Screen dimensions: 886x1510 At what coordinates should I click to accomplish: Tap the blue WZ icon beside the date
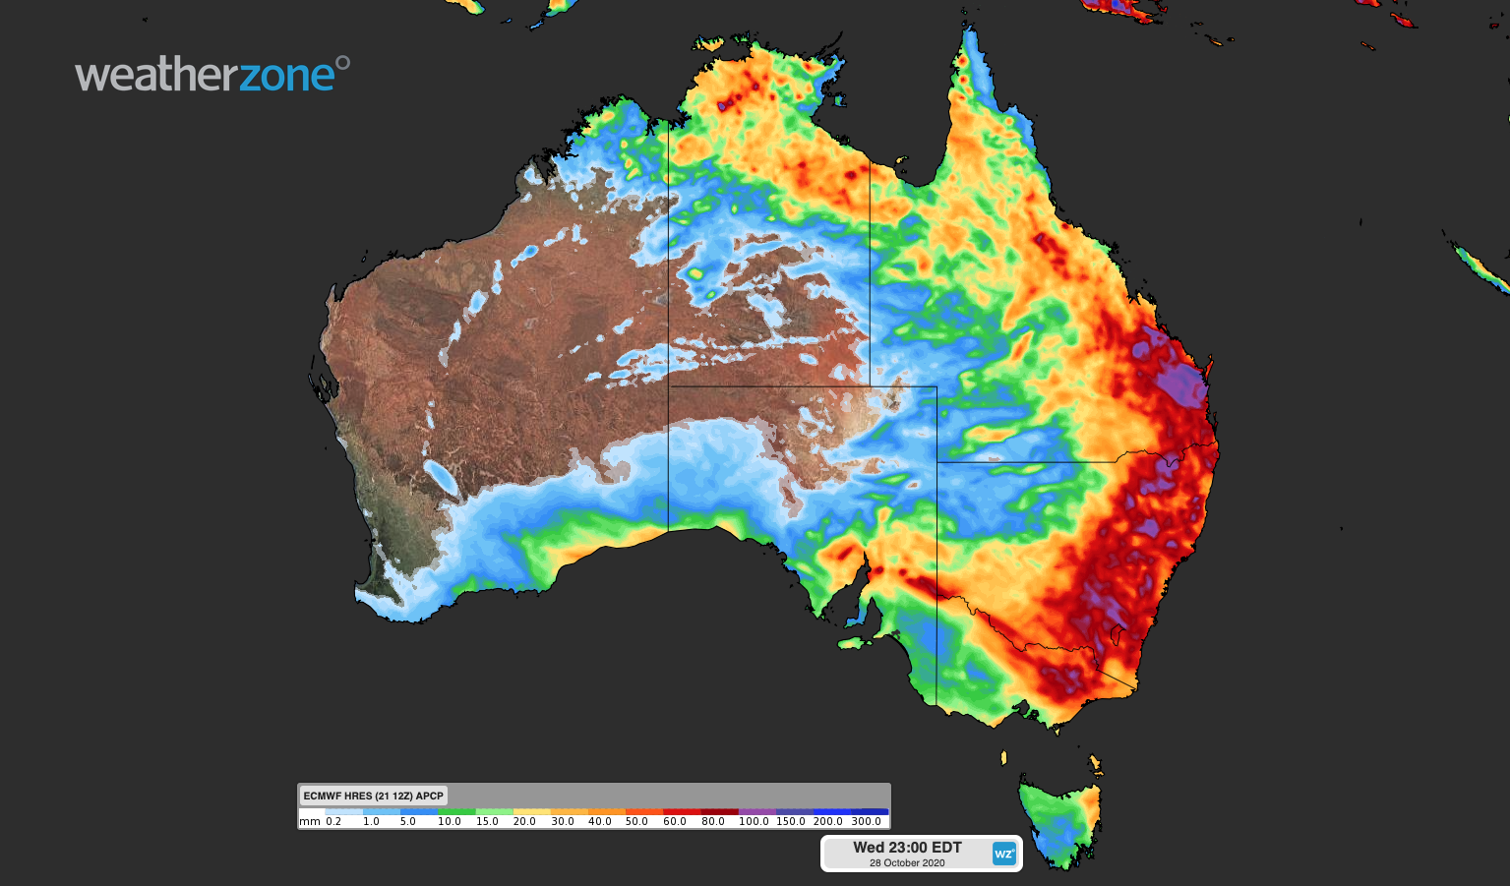pyautogui.click(x=1003, y=854)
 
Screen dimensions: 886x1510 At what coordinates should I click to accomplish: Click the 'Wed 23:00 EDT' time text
pyautogui.click(x=907, y=847)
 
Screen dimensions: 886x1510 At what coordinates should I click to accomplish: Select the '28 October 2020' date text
pyautogui.click(x=907, y=863)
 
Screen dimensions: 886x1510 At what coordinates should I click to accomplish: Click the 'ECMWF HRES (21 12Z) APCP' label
pyautogui.click(x=373, y=796)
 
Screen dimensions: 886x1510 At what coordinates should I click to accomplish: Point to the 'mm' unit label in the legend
pyautogui.click(x=310, y=821)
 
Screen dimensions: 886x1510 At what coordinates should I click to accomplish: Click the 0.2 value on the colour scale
pyautogui.click(x=333, y=821)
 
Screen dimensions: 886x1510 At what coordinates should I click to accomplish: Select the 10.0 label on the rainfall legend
pyautogui.click(x=450, y=821)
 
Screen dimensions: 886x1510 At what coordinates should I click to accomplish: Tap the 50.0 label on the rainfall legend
pyautogui.click(x=636, y=821)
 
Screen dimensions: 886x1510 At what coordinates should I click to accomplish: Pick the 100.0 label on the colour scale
pyautogui.click(x=754, y=821)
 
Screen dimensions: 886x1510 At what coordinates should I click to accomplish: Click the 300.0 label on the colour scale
pyautogui.click(x=867, y=821)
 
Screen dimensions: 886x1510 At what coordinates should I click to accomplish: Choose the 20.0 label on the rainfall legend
pyautogui.click(x=524, y=821)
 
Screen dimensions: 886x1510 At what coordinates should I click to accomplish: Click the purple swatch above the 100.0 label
pyautogui.click(x=756, y=812)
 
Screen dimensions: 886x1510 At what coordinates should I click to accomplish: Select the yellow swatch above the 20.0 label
pyautogui.click(x=531, y=812)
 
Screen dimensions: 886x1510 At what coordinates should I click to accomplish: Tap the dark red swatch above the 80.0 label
pyautogui.click(x=719, y=812)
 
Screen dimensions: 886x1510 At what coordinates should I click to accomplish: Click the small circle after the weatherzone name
pyautogui.click(x=342, y=63)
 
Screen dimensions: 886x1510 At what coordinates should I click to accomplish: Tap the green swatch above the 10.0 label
pyautogui.click(x=456, y=812)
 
